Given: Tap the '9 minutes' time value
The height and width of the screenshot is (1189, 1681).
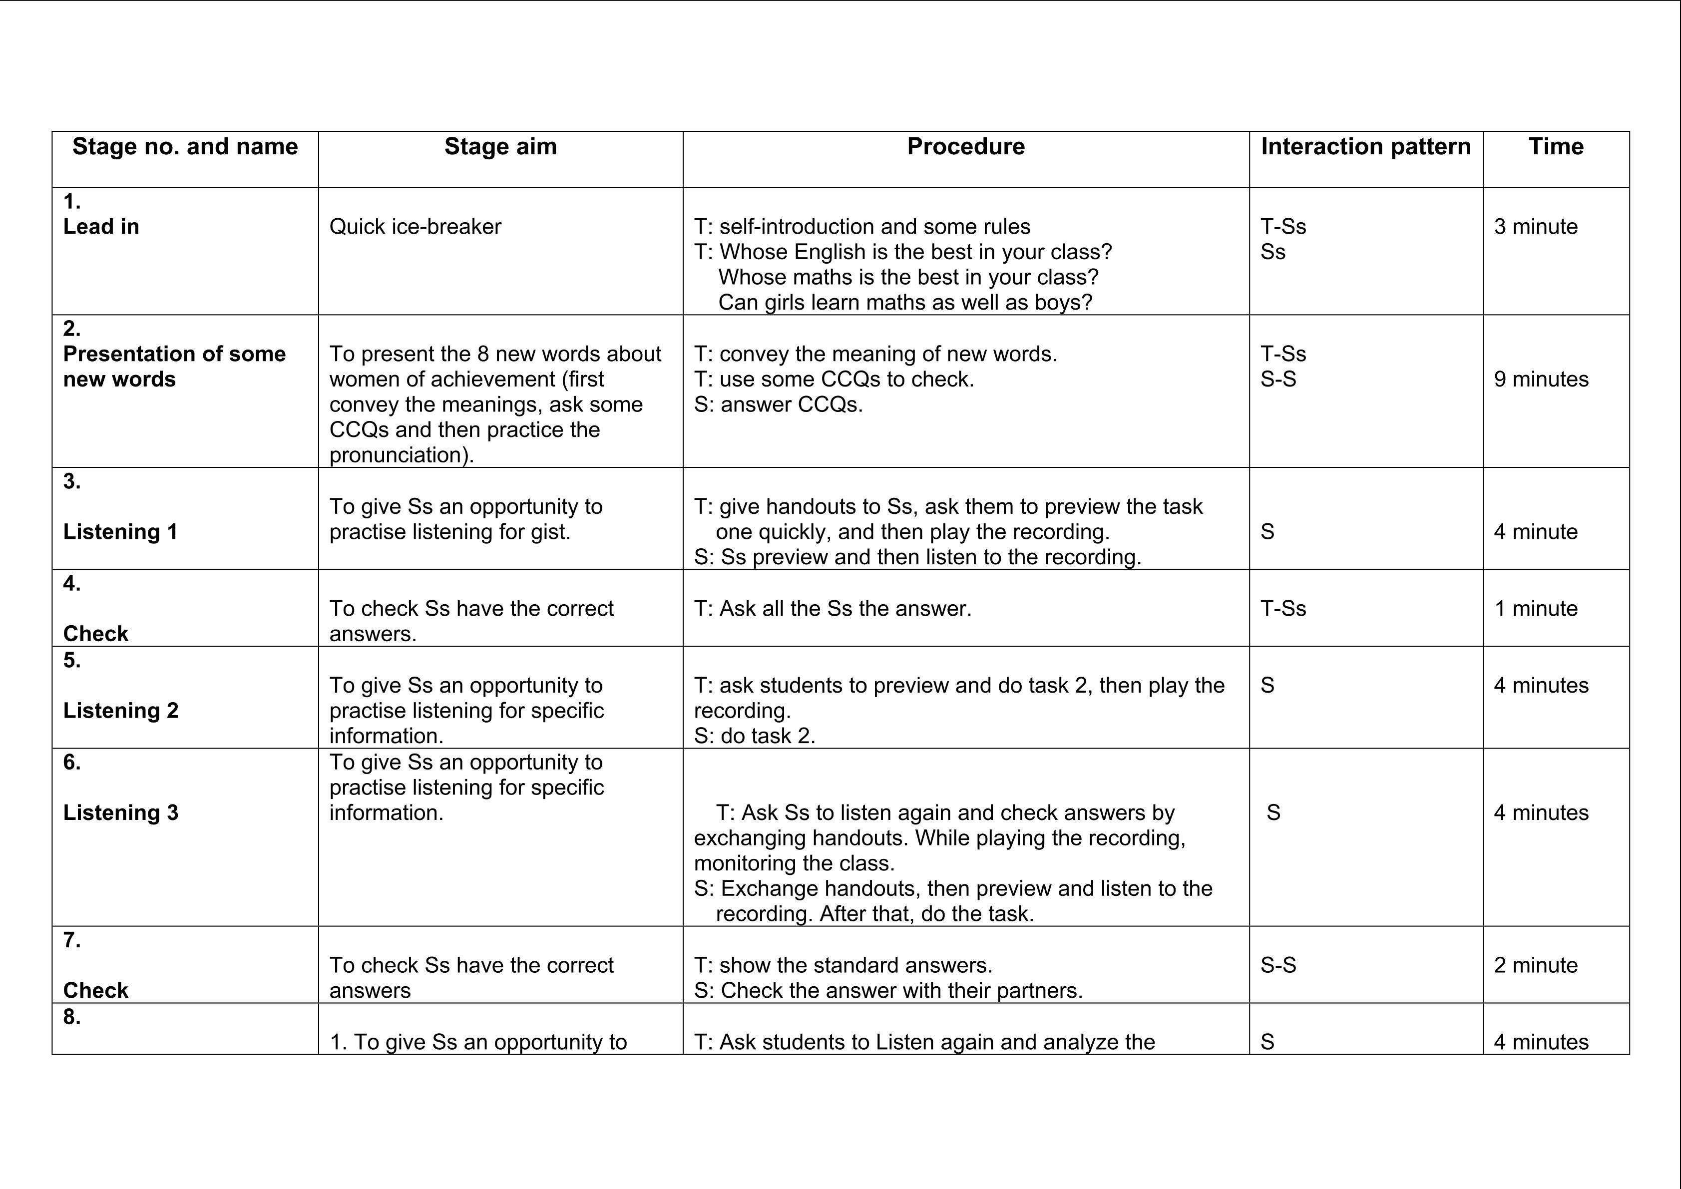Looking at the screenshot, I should pyautogui.click(x=1541, y=379).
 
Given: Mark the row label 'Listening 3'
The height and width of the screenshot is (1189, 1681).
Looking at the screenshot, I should pyautogui.click(x=121, y=812).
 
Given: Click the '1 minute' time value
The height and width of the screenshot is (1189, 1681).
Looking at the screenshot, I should pyautogui.click(x=1535, y=608).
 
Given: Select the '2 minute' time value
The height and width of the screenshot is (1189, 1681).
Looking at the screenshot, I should pyautogui.click(x=1535, y=965).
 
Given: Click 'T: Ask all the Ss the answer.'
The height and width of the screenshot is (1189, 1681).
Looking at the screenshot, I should pyautogui.click(x=833, y=608).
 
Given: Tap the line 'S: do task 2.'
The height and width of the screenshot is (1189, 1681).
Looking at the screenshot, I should pyautogui.click(x=754, y=736).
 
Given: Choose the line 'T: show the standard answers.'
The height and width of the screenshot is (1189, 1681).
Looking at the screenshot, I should pyautogui.click(x=842, y=965).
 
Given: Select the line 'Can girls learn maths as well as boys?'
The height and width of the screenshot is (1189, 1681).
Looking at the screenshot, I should pyautogui.click(x=905, y=303).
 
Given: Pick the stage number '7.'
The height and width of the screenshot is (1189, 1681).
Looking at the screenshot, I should pyautogui.click(x=72, y=940).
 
